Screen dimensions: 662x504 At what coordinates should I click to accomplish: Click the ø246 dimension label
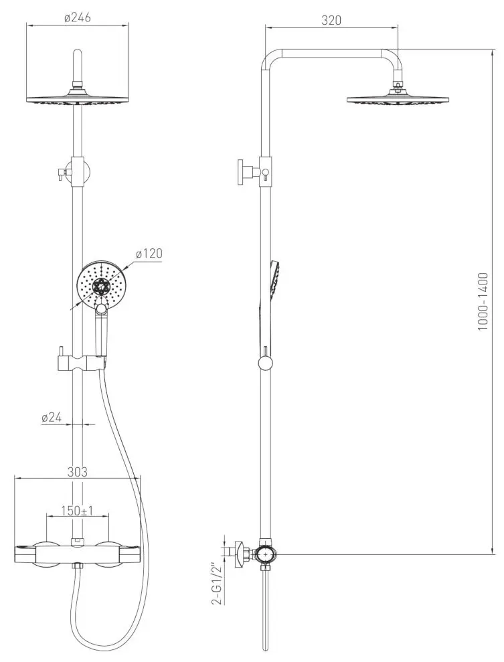(x=77, y=18)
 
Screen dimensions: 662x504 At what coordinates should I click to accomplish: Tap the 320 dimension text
(x=331, y=20)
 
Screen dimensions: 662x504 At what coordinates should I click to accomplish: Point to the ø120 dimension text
(x=149, y=254)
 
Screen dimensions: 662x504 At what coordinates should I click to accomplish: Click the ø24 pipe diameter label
(x=52, y=417)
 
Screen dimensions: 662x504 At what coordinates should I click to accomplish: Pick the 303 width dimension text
(x=78, y=472)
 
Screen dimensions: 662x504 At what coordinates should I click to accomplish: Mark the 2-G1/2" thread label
(x=216, y=584)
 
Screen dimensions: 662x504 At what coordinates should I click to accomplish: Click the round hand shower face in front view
(x=100, y=286)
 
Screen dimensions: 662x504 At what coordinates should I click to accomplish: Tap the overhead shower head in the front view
(x=77, y=98)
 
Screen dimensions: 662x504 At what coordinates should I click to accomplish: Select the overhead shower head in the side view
(x=398, y=99)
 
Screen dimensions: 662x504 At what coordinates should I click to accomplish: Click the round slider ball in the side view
(x=266, y=363)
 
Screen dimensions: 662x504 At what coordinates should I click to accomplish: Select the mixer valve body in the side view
(x=266, y=554)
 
